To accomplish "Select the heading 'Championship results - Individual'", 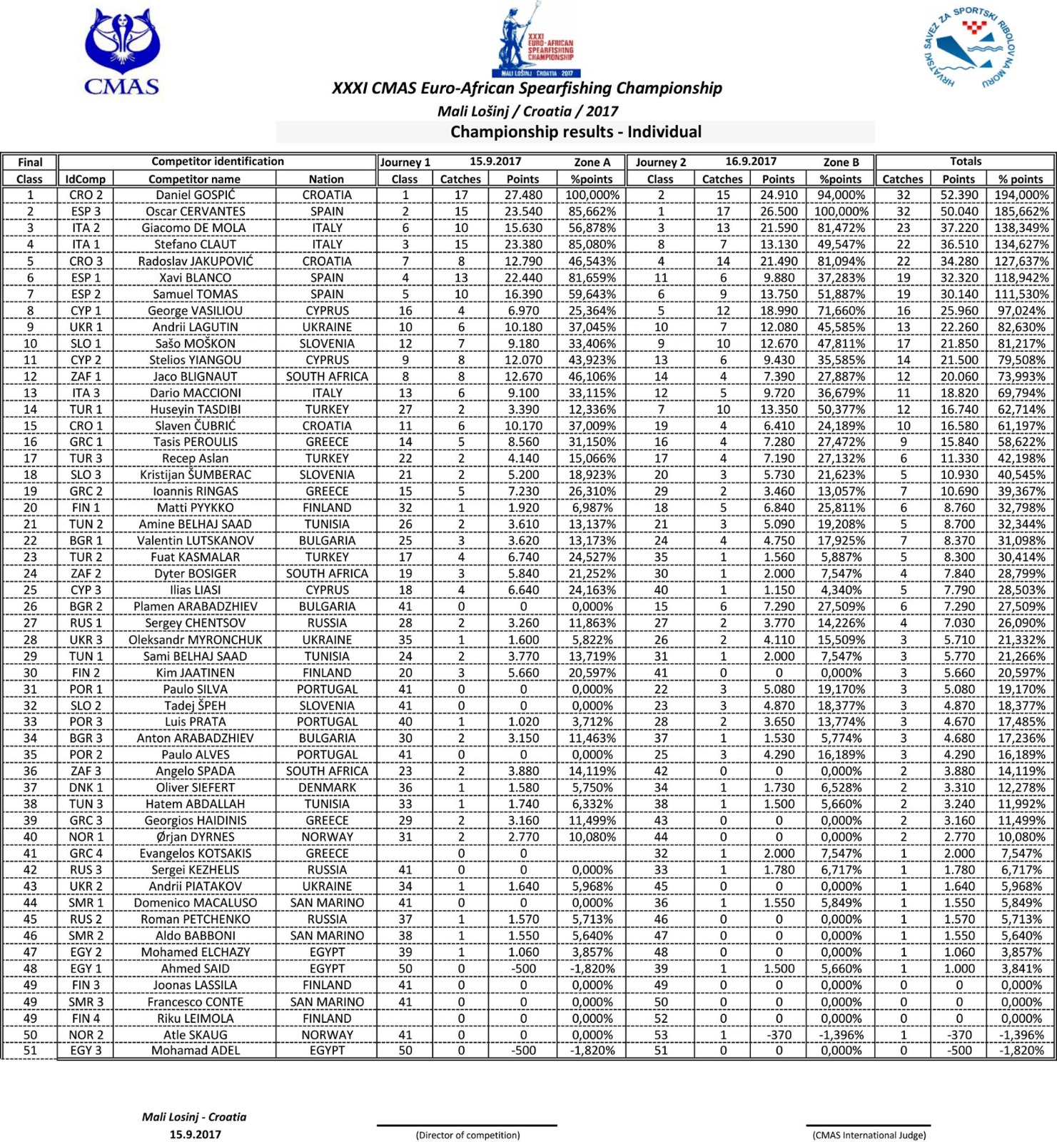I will (x=575, y=132).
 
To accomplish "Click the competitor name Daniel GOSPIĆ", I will (x=195, y=195).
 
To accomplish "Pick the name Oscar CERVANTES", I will (x=195, y=211).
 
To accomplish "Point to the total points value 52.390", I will (x=958, y=195).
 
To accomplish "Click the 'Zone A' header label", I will (x=592, y=162).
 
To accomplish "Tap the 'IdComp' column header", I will (x=85, y=179).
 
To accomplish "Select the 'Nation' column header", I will (x=326, y=179).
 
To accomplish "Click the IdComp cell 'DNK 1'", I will (x=86, y=787).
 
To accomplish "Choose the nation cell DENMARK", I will (x=327, y=787).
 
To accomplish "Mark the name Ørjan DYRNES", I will (x=195, y=837).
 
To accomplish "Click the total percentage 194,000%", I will (x=1021, y=195).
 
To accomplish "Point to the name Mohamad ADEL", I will (x=195, y=1050).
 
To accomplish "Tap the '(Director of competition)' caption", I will (x=467, y=1135).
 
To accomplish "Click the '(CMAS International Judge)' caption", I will (x=869, y=1135).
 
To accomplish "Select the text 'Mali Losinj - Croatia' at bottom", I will (x=194, y=1117).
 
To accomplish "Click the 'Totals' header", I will (x=965, y=161).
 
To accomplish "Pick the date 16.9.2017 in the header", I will (x=751, y=161).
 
